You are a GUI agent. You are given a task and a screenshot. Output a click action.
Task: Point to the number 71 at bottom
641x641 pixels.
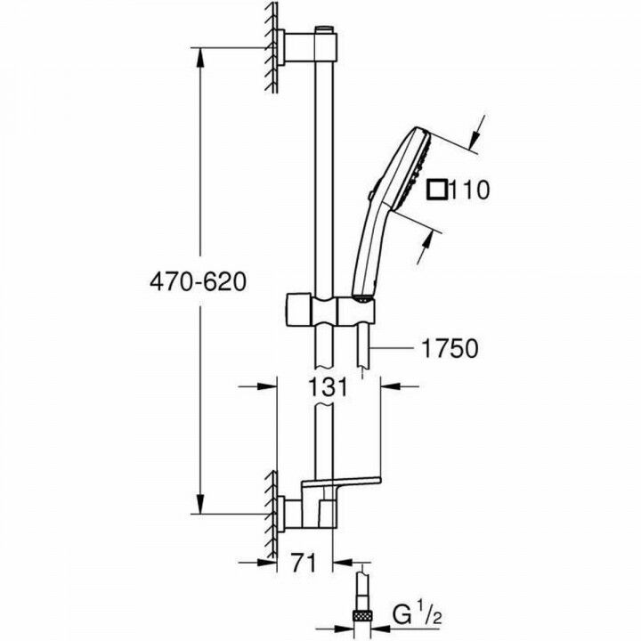click(304, 563)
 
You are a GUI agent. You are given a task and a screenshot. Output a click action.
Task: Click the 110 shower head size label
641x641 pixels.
click(470, 190)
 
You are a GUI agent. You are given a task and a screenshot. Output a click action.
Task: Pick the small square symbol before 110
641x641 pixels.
click(436, 190)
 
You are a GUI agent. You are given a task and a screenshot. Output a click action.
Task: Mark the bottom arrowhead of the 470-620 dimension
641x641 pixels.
click(200, 507)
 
